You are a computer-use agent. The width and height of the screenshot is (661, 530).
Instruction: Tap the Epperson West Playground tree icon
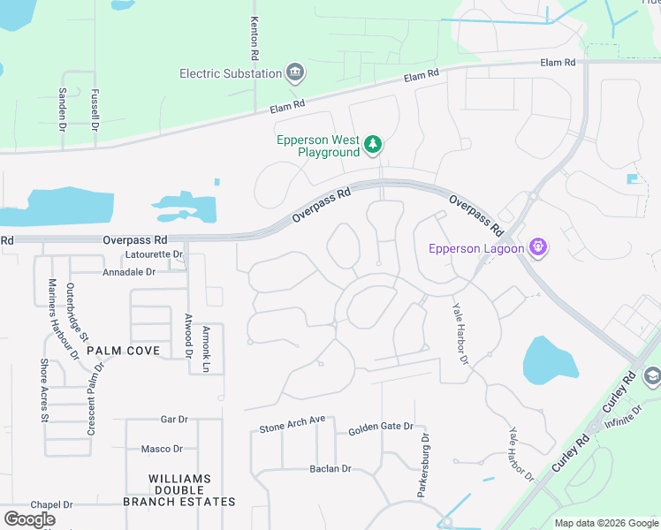tap(374, 144)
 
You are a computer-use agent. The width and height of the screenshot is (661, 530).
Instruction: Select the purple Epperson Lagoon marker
tap(536, 247)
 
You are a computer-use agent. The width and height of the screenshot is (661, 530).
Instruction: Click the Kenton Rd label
tap(254, 39)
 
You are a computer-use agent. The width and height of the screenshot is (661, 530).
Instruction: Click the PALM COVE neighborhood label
tap(123, 351)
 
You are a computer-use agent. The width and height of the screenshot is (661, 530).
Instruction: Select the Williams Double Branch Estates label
tap(192, 490)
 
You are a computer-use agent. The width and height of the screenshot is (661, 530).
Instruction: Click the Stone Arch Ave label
tap(293, 424)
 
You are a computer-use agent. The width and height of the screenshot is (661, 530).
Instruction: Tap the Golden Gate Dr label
tap(380, 427)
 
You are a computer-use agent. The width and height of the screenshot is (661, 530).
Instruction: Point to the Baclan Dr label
tap(330, 468)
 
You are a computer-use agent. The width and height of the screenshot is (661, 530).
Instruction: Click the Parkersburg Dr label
tap(424, 466)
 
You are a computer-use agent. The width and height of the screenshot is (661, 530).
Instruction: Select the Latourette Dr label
tap(154, 254)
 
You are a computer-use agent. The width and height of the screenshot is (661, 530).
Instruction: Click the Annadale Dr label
tap(129, 272)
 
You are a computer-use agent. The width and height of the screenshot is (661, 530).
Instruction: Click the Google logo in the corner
tap(29, 519)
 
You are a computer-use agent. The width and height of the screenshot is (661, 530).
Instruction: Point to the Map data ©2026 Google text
tap(605, 523)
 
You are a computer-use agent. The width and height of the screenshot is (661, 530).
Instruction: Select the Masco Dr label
tap(163, 449)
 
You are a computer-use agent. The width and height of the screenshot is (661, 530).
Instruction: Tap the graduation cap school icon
tap(653, 375)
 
